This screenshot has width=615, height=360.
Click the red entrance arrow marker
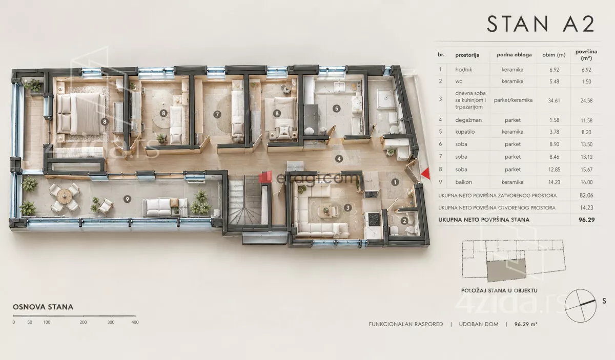pyautogui.click(x=426, y=174)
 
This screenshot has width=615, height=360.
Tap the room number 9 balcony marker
pyautogui.click(x=127, y=199)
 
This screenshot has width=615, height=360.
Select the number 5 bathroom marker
pyautogui.click(x=337, y=109)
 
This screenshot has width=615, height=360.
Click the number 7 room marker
pyautogui.click(x=217, y=114)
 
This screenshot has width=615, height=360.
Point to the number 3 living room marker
pyautogui.click(x=347, y=208)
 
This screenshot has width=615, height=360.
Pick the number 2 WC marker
pyautogui.click(x=404, y=221)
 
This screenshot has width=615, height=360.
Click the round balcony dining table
pyautogui.click(x=65, y=196)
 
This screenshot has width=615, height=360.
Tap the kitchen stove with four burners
pyautogui.click(x=374, y=220)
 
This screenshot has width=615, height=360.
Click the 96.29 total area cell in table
pyautogui.click(x=586, y=220)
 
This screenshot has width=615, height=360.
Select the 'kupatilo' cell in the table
pyautogui.click(x=465, y=132)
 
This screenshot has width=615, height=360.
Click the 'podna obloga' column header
pyautogui.click(x=514, y=55)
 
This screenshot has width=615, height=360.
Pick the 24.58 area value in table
pyautogui.click(x=586, y=101)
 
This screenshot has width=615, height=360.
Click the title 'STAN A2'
pyautogui.click(x=541, y=24)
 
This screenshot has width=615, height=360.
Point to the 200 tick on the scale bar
pyautogui.click(x=83, y=322)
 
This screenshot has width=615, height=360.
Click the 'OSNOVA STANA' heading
pyautogui.click(x=43, y=307)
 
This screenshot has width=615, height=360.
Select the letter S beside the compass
pyautogui.click(x=604, y=301)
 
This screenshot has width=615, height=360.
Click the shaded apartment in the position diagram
pyautogui.click(x=506, y=270)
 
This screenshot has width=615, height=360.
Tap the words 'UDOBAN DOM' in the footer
pyautogui.click(x=479, y=324)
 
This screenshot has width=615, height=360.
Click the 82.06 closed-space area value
pyautogui.click(x=586, y=196)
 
